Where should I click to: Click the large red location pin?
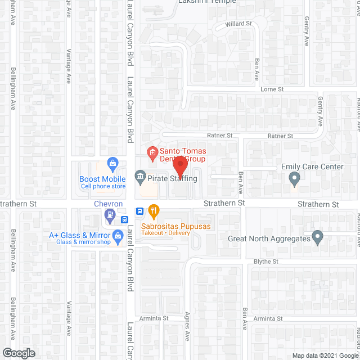click(179, 166)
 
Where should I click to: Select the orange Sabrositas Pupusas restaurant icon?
click(155, 211)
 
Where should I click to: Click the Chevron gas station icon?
click(110, 214)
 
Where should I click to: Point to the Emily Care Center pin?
click(294, 179)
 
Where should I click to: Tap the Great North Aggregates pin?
click(317, 238)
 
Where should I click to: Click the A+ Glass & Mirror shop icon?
click(118, 235)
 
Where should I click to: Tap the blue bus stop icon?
click(138, 211)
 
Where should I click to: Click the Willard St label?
click(238, 24)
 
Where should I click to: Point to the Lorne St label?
click(272, 89)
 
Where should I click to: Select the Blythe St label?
click(268, 262)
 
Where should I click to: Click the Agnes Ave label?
click(187, 328)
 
